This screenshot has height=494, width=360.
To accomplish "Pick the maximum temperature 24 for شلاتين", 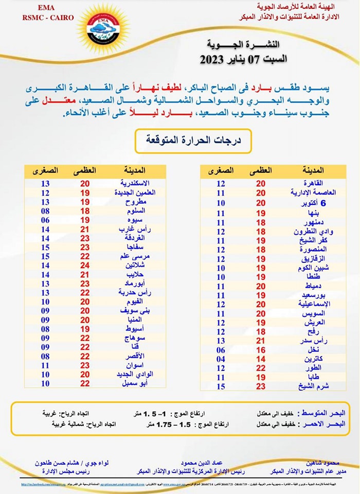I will [x=85, y=266].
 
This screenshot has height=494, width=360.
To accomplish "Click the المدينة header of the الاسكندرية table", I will [x=135, y=170].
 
